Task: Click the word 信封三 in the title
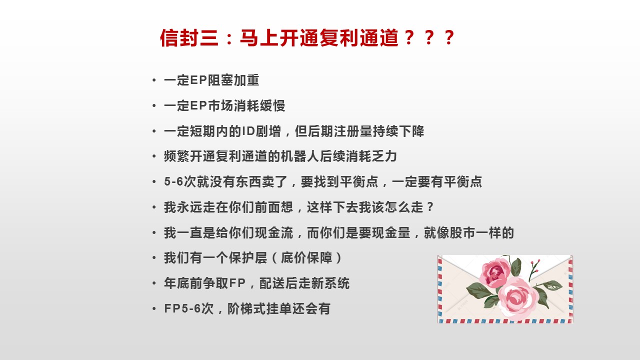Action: (189, 37)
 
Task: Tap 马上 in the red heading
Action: (259, 37)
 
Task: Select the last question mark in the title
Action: (449, 37)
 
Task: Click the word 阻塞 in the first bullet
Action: (220, 80)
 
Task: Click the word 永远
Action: (189, 207)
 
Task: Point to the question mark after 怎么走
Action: (430, 207)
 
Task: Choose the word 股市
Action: (462, 232)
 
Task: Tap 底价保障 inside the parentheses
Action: (306, 257)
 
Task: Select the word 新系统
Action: (330, 283)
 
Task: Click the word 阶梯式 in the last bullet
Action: (246, 308)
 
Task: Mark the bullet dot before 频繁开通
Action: (154, 156)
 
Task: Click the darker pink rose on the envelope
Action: (495, 272)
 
